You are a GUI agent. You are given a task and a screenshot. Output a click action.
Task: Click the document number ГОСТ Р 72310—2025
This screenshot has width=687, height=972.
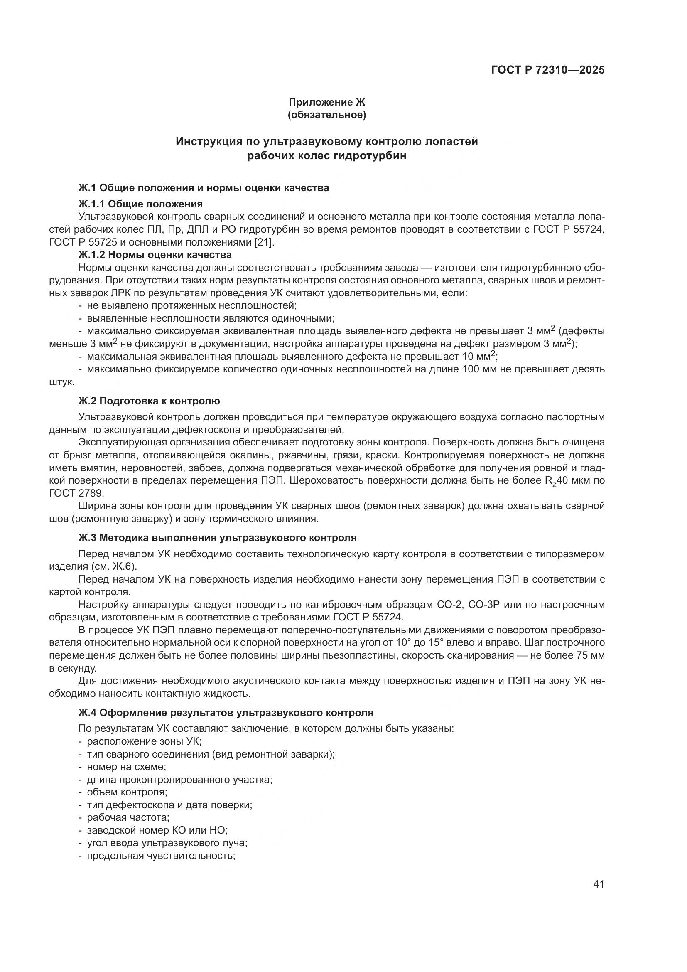(547, 70)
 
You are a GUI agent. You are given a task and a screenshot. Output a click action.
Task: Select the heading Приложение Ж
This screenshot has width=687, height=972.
(326, 102)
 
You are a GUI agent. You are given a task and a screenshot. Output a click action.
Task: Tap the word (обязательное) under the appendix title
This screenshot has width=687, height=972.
(326, 115)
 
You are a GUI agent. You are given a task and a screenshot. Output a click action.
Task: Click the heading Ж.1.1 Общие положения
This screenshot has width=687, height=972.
(140, 204)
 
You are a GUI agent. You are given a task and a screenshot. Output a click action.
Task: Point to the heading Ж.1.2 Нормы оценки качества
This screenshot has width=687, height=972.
(155, 255)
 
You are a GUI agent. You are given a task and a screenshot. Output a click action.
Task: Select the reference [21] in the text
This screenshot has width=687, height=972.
(265, 242)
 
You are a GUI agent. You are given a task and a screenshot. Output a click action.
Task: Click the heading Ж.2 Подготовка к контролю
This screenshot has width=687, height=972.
(149, 401)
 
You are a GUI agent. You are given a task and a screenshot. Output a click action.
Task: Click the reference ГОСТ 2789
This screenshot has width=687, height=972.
(76, 493)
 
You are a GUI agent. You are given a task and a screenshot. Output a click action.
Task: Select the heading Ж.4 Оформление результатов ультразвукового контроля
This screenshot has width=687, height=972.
(226, 713)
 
